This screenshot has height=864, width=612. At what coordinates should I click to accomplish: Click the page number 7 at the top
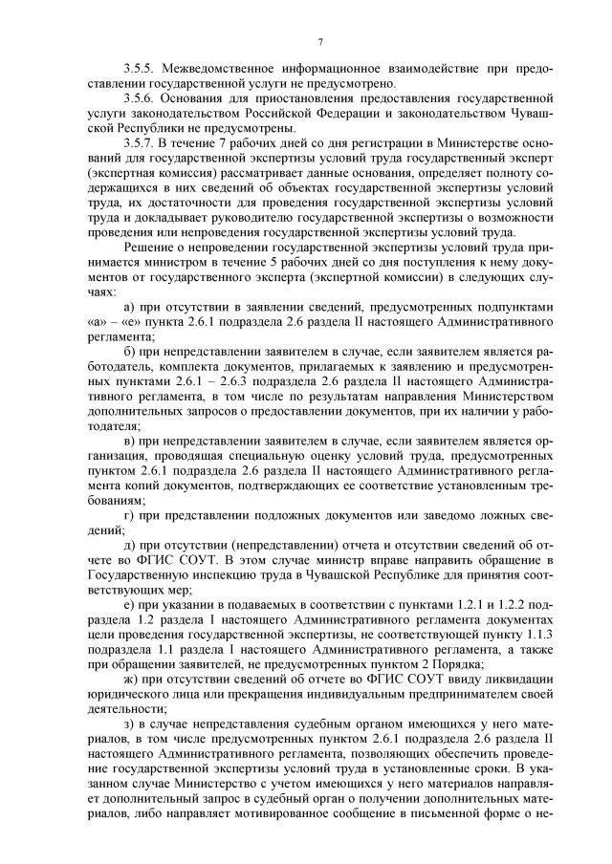point(320,42)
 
